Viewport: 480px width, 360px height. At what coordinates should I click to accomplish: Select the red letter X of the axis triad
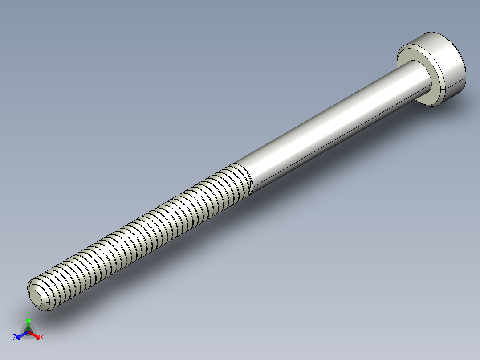[x=42, y=338]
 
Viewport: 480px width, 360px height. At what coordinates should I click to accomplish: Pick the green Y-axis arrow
[x=28, y=323]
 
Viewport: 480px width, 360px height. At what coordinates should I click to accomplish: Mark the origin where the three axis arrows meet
[x=28, y=332]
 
